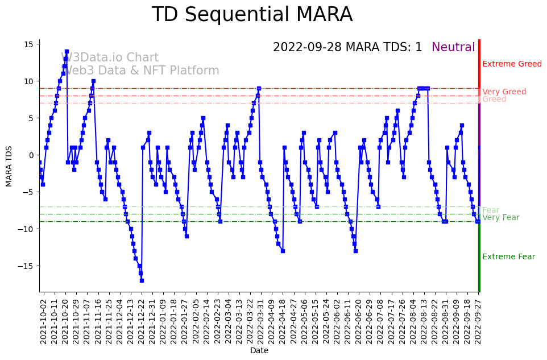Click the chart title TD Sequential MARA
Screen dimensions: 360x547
[x=252, y=15]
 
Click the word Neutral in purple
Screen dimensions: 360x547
[x=453, y=47]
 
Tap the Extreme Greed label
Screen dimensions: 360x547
[x=512, y=64]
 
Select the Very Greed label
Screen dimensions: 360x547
[x=504, y=92]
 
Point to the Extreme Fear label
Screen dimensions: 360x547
[x=508, y=256]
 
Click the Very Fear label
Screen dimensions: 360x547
[x=500, y=218]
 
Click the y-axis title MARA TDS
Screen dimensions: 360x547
[x=9, y=166]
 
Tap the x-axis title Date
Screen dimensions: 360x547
[x=259, y=351]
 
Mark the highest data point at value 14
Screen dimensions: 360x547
[x=67, y=51]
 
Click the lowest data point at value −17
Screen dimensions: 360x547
[x=142, y=280]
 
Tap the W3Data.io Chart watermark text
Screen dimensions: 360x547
[x=110, y=58]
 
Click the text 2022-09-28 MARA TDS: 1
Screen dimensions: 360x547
[x=347, y=47]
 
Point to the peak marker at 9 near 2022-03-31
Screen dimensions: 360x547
[x=259, y=88]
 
